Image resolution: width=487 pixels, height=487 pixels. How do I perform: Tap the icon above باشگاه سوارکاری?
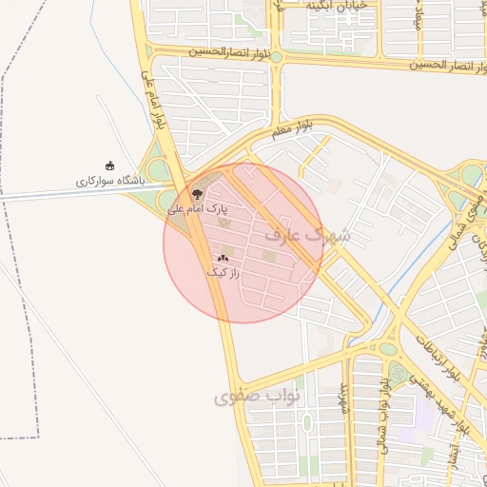tap(109, 166)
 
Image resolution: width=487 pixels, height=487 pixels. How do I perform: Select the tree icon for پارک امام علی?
tap(198, 192)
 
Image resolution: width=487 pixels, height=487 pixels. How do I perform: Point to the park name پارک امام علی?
tap(199, 207)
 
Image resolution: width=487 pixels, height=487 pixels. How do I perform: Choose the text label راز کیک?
tap(223, 272)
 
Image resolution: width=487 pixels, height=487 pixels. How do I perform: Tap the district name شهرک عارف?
tap(311, 232)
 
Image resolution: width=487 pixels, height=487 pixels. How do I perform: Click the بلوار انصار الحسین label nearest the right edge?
tap(448, 65)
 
